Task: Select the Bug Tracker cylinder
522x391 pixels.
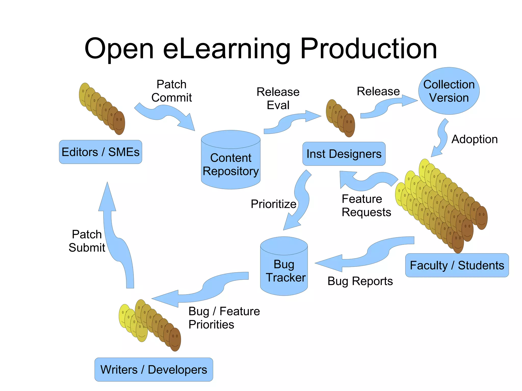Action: click(x=284, y=267)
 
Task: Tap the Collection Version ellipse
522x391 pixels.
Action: click(x=449, y=91)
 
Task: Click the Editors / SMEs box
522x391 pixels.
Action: click(x=100, y=152)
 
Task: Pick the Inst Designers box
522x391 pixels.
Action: click(x=344, y=154)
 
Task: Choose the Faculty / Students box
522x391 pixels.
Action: click(x=457, y=265)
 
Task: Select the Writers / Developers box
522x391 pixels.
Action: click(x=154, y=369)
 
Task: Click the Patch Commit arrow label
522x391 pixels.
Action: click(x=171, y=91)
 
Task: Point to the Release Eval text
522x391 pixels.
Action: click(x=278, y=98)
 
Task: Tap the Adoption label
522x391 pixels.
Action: click(x=474, y=139)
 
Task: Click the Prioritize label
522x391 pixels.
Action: click(x=273, y=204)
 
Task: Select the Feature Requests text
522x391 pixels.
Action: click(x=366, y=205)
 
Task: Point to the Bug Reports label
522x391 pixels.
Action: click(x=360, y=281)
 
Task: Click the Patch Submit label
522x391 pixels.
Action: click(x=87, y=241)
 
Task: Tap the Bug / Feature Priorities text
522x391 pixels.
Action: click(x=224, y=318)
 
